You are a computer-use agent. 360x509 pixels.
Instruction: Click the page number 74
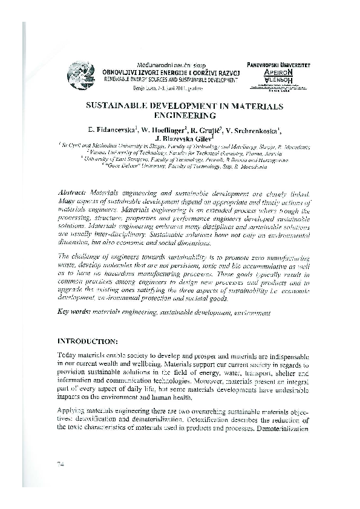(61, 463)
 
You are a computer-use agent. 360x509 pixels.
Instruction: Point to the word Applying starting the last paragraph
(71, 409)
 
